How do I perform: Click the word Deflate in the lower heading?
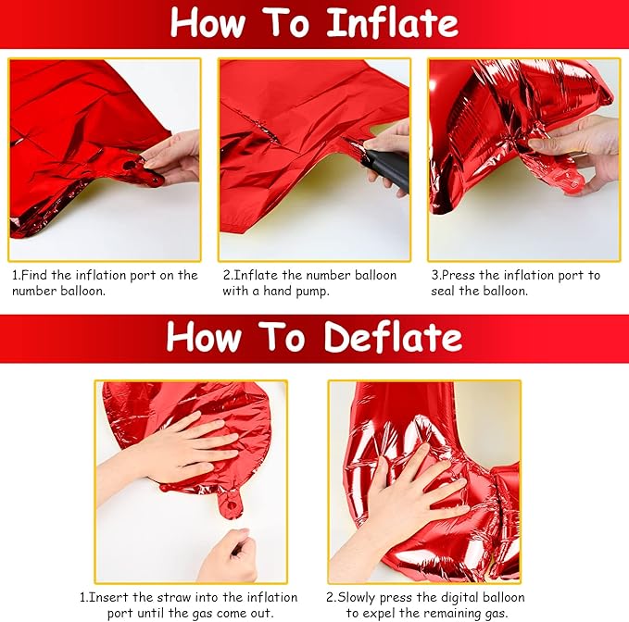click(394, 337)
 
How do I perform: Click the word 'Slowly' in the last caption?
click(357, 598)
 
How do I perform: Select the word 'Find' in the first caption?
click(33, 275)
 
